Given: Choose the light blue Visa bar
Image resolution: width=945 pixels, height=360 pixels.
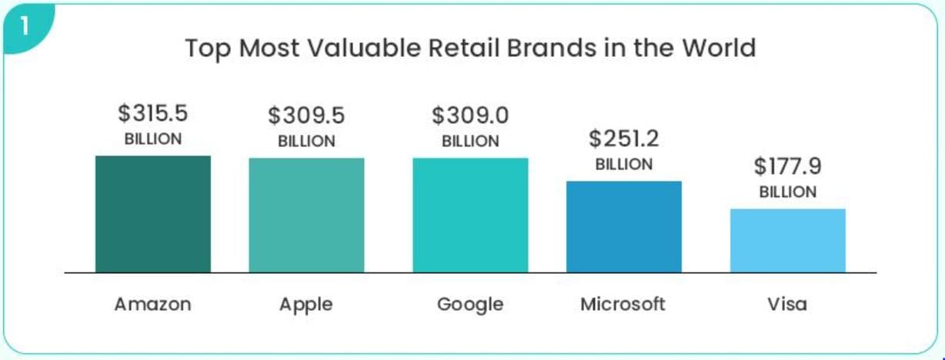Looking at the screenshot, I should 787,241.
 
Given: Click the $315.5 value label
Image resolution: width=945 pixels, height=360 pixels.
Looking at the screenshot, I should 153,114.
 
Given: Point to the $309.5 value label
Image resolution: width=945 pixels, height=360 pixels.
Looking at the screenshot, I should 306,116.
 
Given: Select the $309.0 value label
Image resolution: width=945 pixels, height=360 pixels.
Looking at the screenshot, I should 470,116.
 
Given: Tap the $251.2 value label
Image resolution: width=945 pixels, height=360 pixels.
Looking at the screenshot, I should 624,139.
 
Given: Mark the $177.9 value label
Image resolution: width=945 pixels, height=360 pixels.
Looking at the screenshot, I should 787,167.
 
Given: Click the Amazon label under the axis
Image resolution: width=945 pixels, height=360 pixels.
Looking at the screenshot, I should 152,304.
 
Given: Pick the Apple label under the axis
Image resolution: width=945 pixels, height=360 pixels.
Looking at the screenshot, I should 306,305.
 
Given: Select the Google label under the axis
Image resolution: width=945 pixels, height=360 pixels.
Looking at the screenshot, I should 470,305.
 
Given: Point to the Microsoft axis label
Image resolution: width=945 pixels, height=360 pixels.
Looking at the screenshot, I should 623,304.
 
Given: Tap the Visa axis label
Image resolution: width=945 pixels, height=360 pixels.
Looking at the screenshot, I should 787,304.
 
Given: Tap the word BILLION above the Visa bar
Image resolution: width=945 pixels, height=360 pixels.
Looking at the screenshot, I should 787,192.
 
